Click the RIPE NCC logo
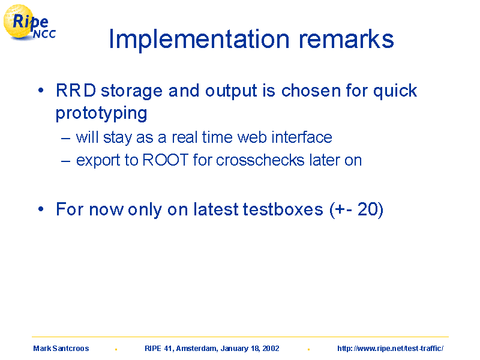coord(29,22)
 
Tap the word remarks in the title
coord(346,39)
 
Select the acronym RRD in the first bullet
coord(76,91)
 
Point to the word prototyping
coord(101,113)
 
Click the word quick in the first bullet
coord(395,91)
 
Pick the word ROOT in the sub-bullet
coord(166,160)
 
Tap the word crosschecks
coord(260,160)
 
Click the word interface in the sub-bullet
coord(302,137)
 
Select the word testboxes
coord(283,209)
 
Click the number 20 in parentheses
coord(368,209)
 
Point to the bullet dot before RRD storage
coord(41,91)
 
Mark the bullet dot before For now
coord(41,209)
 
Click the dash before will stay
coord(65,139)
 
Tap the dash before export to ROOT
coord(65,161)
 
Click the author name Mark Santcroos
coord(61,349)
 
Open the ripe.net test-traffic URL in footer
coord(391,349)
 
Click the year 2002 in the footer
coord(271,349)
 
